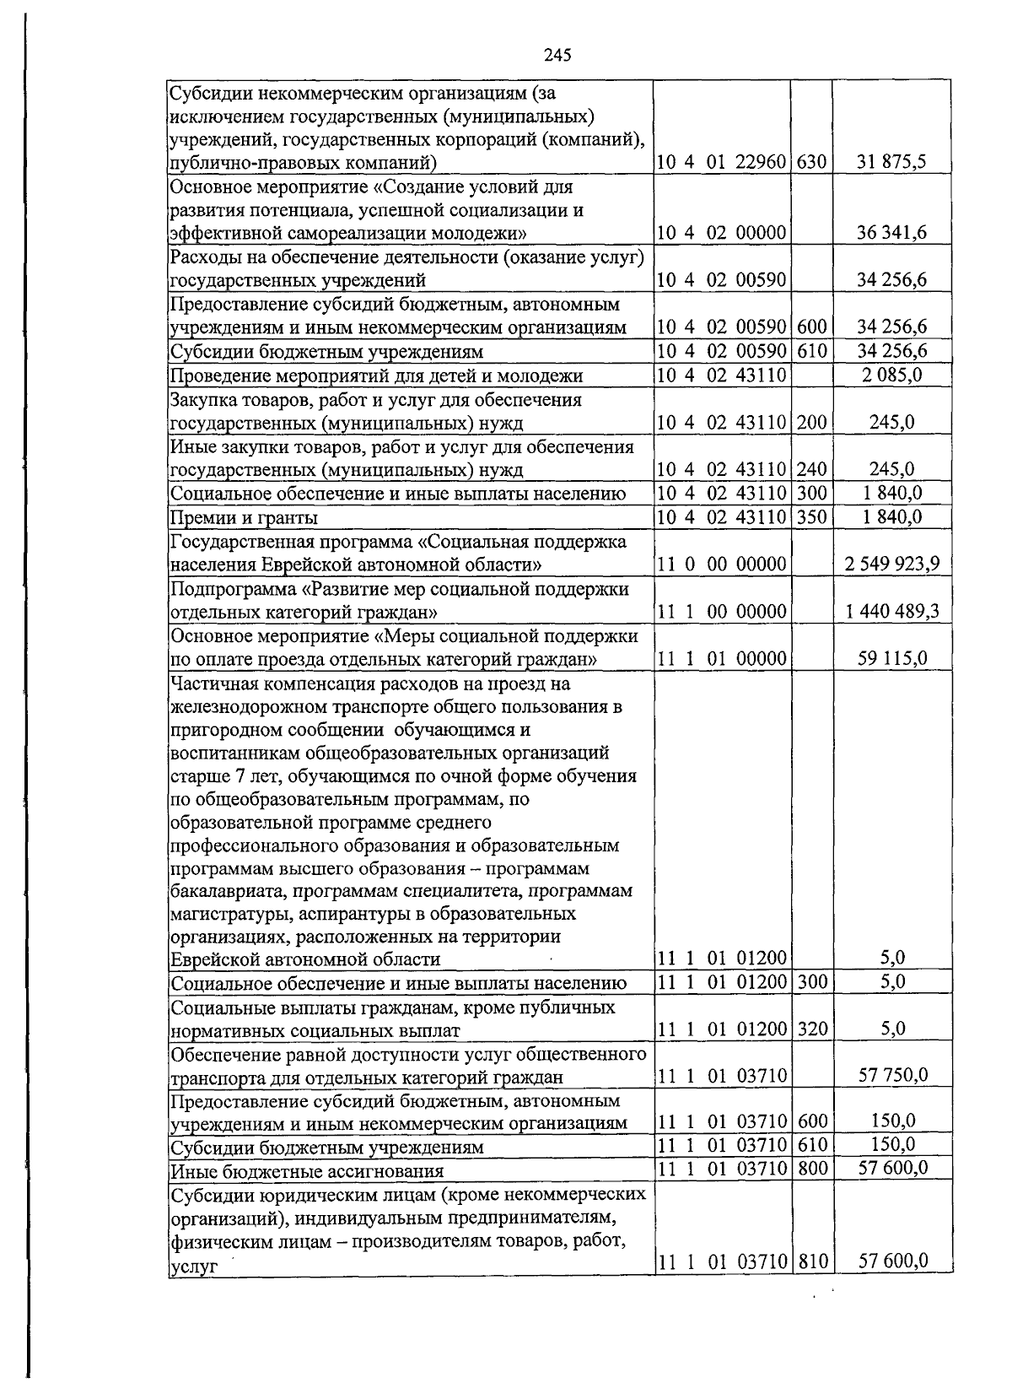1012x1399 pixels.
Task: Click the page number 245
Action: [x=557, y=56]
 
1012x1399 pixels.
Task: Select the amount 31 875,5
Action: [x=891, y=162]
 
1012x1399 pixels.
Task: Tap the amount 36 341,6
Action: [x=891, y=233]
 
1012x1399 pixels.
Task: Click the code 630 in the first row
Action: [x=811, y=162]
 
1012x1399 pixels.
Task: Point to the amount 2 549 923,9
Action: [x=891, y=564]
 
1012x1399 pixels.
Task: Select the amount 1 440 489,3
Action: [x=891, y=611]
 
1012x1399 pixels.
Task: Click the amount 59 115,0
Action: [x=891, y=658]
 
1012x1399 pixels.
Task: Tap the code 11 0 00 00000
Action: [x=722, y=564]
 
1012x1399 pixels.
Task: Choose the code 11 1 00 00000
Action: [x=722, y=611]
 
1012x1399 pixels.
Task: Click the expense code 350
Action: [x=811, y=516]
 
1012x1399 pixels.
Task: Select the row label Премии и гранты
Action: [x=245, y=517]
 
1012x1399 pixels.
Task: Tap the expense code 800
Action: [x=811, y=1168]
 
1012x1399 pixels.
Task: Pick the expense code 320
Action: [x=811, y=1028]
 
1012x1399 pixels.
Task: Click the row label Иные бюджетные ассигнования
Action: [x=307, y=1170]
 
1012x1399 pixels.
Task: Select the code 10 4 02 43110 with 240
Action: [x=722, y=469]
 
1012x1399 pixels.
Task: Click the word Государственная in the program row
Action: [x=231, y=541]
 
